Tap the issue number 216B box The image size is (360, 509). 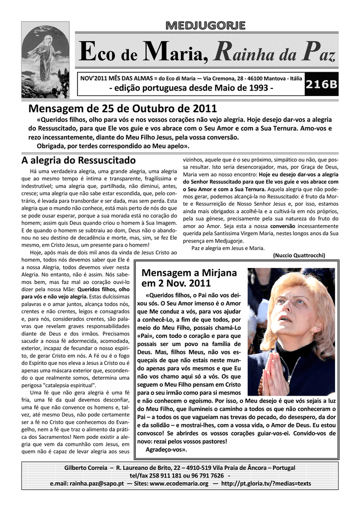pos(321,85)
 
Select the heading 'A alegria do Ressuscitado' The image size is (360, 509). pos(78,161)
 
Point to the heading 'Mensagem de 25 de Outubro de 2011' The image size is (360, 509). pos(123,108)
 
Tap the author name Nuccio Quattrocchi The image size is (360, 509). pos(299,255)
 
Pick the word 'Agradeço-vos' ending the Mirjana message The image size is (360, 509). pos(166,449)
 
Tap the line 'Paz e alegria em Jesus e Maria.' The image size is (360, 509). pos(228,248)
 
